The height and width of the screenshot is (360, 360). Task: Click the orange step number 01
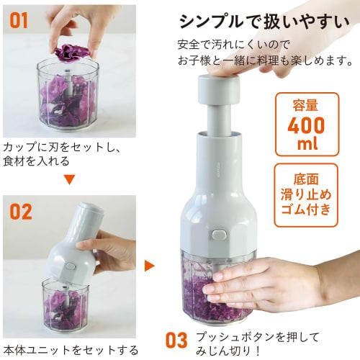[19, 19]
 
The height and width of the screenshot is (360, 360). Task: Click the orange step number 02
[22, 212]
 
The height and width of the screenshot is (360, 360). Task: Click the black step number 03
[176, 339]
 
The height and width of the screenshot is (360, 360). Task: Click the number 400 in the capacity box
[306, 125]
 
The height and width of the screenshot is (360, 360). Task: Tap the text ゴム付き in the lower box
[306, 210]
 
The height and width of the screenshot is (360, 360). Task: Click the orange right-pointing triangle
[149, 266]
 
